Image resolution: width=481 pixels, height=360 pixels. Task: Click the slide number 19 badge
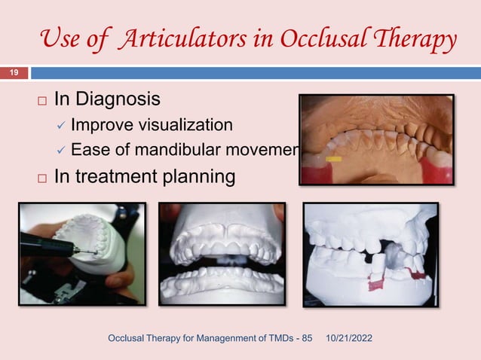point(14,73)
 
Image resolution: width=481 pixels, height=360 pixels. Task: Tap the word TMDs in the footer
point(277,344)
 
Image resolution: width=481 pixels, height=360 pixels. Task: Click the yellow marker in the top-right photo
point(334,160)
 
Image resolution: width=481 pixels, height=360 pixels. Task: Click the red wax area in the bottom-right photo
point(377,284)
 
